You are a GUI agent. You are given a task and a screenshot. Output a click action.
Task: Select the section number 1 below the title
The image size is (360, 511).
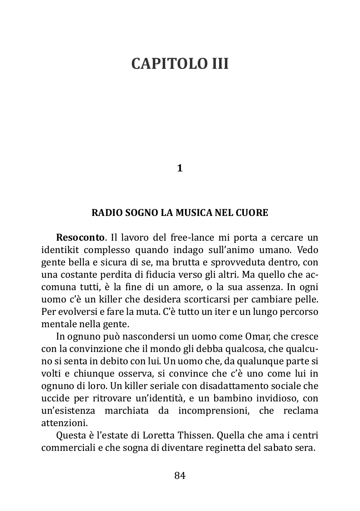(180, 168)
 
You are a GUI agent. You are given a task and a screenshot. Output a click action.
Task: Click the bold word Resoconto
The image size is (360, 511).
(80, 238)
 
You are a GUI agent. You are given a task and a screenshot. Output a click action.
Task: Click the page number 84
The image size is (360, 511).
(180, 476)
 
